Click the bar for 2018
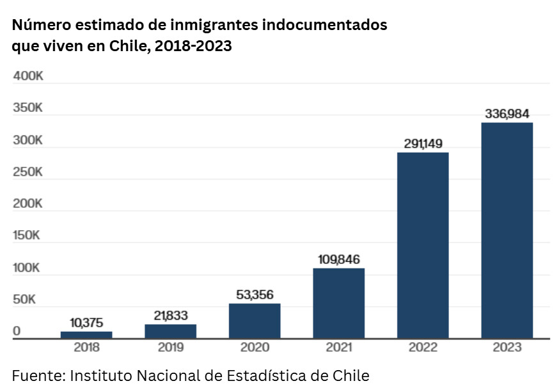[86, 334]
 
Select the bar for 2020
[255, 321]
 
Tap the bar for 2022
[423, 245]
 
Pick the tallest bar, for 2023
[507, 230]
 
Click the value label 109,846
[339, 260]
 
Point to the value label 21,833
[171, 315]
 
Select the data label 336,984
[507, 114]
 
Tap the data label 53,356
[255, 295]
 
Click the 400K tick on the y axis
[28, 77]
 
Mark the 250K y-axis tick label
[28, 173]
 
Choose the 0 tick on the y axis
[17, 332]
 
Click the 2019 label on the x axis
[171, 348]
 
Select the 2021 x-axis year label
[339, 348]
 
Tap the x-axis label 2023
[507, 348]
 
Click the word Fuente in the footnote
[35, 375]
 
